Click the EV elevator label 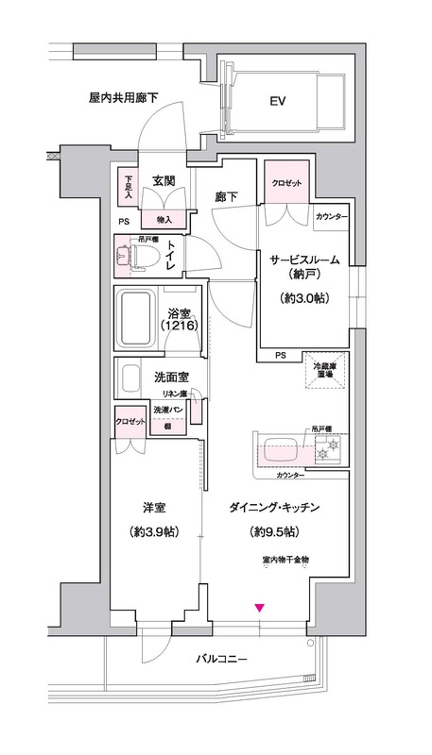point(277,100)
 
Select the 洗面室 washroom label point(171,377)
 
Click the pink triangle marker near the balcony point(259,607)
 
